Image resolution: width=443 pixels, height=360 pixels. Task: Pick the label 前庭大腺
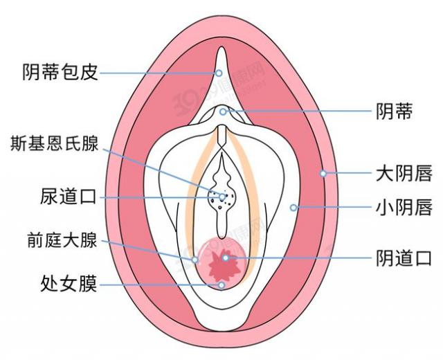pos(58,242)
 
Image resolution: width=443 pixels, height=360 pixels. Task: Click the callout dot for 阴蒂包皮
pos(219,73)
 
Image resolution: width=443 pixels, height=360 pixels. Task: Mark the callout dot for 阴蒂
pos(223,111)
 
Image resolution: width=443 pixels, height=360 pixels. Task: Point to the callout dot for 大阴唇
pos(323,173)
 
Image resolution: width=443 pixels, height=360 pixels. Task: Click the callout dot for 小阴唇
pos(293,207)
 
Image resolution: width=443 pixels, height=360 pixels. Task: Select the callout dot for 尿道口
pos(222,197)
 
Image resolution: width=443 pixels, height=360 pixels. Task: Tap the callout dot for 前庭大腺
pos(195,260)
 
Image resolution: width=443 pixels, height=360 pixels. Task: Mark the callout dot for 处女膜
pos(221,284)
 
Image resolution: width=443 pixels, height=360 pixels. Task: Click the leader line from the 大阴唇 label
pos(346,173)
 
